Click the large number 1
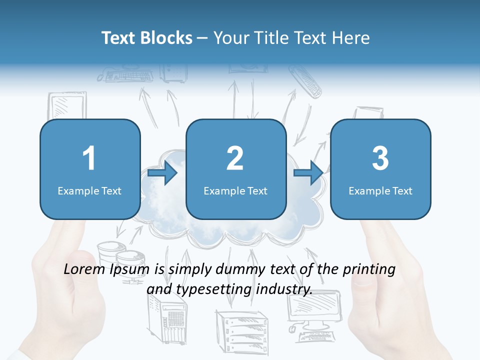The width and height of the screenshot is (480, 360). pos(89,158)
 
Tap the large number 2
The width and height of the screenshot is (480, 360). pos(235,158)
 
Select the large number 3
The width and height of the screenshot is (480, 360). pos(380,158)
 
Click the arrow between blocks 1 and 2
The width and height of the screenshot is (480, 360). pos(163,173)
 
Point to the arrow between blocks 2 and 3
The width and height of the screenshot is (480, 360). pos(308,173)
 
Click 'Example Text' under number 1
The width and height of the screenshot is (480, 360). pos(89,191)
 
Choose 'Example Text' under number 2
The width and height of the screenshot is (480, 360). pos(235,191)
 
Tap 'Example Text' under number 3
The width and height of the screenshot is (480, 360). pos(380,191)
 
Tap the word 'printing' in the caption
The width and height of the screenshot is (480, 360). pos(369,270)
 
